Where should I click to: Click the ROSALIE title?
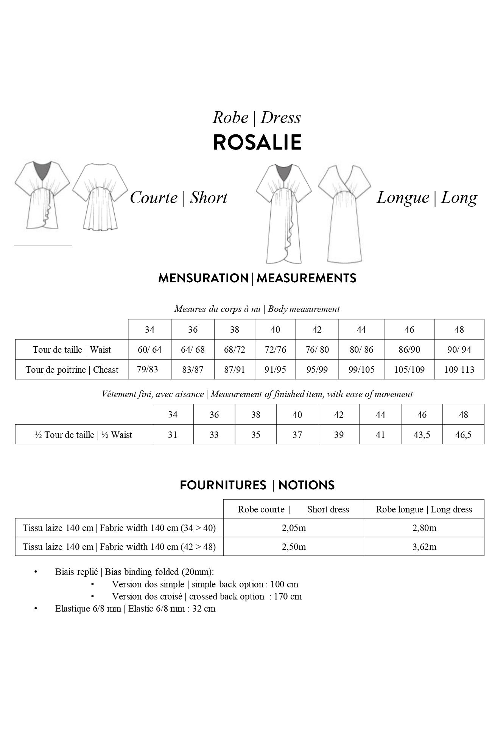tap(257, 142)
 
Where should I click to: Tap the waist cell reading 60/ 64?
tap(149, 350)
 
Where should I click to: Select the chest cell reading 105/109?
tap(409, 369)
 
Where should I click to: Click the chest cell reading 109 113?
tap(459, 369)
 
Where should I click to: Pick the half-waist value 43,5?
tap(422, 435)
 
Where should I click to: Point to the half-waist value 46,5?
tap(463, 435)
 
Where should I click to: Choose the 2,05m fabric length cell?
tap(294, 528)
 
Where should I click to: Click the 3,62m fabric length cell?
tap(424, 547)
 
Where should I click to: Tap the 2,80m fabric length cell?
tap(424, 528)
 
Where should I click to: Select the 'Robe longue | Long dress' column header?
tap(424, 509)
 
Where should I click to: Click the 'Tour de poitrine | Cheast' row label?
tap(72, 369)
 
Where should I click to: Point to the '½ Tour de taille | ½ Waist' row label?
tap(83, 435)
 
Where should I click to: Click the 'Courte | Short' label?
tap(179, 198)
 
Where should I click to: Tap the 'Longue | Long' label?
tap(427, 197)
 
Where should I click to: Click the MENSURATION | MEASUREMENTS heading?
tap(257, 279)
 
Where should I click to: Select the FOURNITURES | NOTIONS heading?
tap(257, 485)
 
